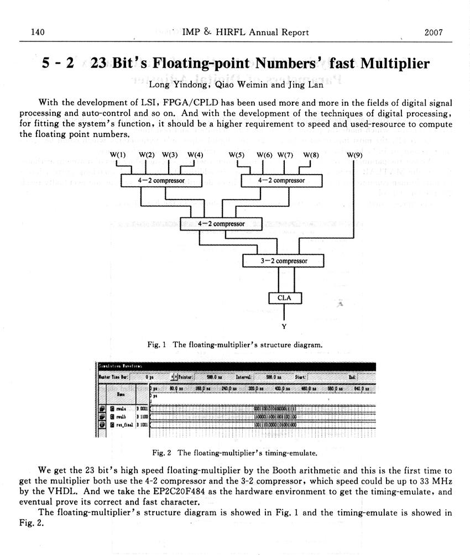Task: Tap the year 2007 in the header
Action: click(434, 33)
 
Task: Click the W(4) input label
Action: click(195, 155)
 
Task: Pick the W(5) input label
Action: click(236, 155)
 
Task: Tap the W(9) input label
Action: click(354, 155)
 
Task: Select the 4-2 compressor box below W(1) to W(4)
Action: click(161, 180)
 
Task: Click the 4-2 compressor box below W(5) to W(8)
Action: click(281, 180)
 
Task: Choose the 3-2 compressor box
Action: click(284, 260)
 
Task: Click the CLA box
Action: click(284, 298)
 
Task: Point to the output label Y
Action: click(284, 326)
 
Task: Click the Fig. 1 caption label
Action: click(158, 344)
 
